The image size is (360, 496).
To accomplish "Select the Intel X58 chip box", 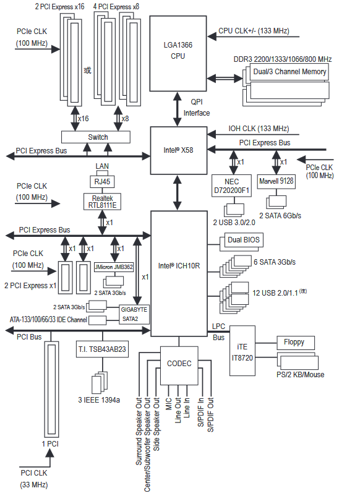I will (178, 150).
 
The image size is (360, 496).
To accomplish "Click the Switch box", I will (98, 137).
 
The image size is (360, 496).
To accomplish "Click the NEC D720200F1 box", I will (233, 186).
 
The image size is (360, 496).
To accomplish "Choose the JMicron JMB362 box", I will (114, 267).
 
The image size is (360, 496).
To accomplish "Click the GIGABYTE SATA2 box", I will (135, 315).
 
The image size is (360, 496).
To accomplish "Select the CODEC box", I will (179, 362).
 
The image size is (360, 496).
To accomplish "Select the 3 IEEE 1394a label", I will (99, 401).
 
